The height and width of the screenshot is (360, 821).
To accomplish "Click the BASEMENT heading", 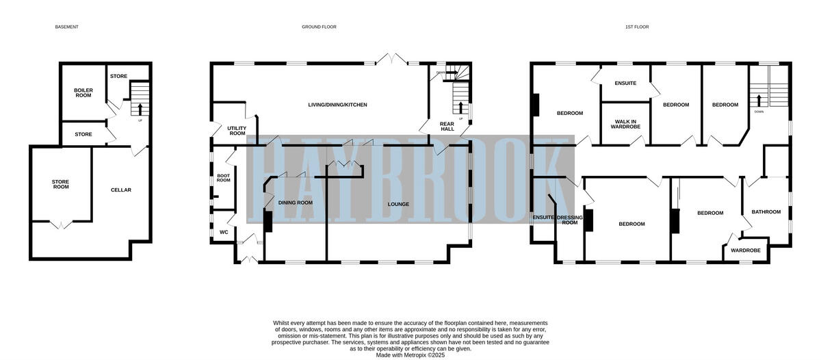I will (x=67, y=27).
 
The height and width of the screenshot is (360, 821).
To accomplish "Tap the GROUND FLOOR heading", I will (x=319, y=27).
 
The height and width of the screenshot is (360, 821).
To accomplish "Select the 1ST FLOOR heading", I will (x=636, y=27).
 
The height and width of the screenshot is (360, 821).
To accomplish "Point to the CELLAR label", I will (x=121, y=190).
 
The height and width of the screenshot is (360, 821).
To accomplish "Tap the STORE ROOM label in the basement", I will (x=61, y=184).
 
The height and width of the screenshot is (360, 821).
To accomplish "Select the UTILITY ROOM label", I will (x=237, y=130).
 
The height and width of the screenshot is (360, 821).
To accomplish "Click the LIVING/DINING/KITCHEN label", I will (x=337, y=105).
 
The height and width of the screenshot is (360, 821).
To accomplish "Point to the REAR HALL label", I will (x=447, y=126).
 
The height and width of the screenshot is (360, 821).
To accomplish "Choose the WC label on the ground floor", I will (x=224, y=232).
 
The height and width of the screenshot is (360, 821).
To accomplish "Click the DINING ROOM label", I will (x=296, y=203).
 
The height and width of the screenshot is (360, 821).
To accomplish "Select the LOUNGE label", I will (x=398, y=204).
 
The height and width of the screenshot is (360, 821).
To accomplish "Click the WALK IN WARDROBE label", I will (x=625, y=124).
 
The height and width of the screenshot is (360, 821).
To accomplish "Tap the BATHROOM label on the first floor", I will (x=766, y=211).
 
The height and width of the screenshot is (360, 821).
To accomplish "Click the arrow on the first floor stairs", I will (x=759, y=99).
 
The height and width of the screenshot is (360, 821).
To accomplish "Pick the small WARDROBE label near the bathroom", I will (x=745, y=250).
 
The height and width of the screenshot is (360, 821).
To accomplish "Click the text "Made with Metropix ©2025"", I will (x=410, y=355).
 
